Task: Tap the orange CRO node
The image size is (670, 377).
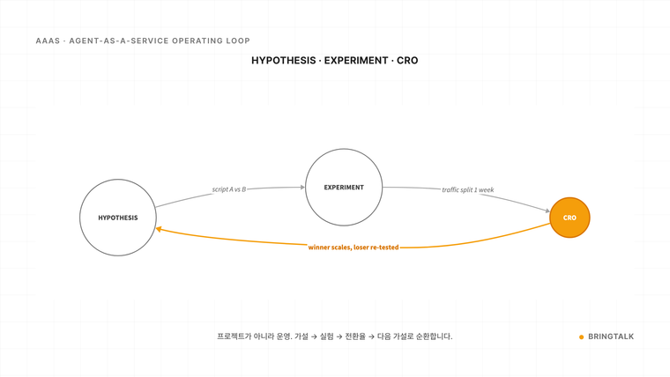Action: click(x=569, y=218)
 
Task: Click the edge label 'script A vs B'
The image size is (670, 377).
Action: click(x=229, y=189)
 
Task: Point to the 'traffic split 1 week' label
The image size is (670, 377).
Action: click(x=468, y=189)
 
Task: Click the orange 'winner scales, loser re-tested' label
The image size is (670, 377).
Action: click(x=354, y=248)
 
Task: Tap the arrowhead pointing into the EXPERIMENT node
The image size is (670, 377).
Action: click(x=302, y=187)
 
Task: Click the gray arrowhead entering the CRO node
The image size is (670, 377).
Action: click(x=547, y=211)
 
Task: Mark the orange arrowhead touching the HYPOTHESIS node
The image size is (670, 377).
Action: click(x=159, y=229)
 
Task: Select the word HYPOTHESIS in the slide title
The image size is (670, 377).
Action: click(x=283, y=61)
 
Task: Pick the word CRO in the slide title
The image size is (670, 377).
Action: click(x=407, y=61)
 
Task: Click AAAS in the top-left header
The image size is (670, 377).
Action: click(x=48, y=41)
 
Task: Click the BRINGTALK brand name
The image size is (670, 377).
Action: click(x=611, y=336)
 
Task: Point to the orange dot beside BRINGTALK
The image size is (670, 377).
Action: click(x=581, y=336)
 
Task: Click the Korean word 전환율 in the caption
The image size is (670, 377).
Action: click(x=355, y=336)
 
